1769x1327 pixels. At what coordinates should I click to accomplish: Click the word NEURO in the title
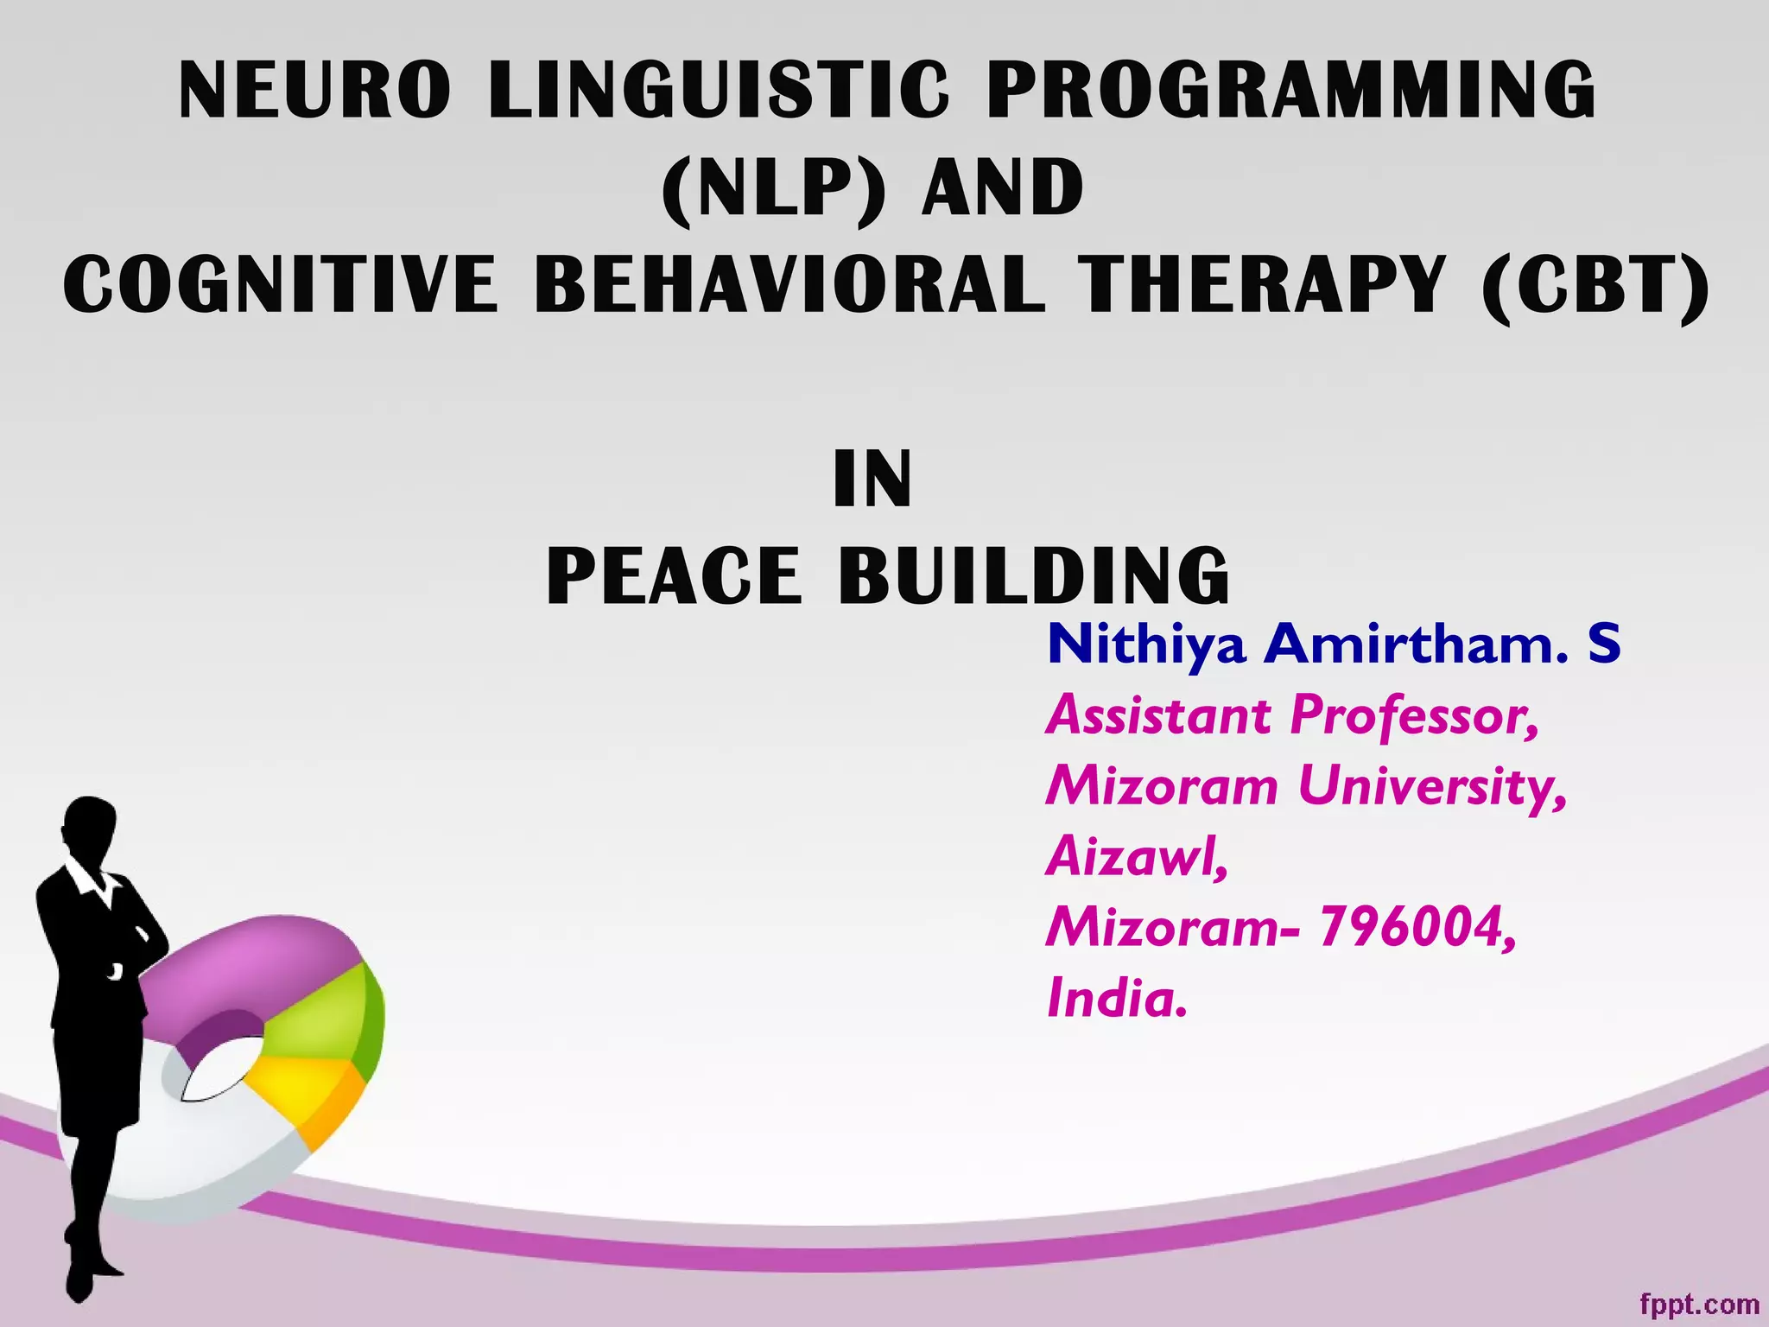(314, 91)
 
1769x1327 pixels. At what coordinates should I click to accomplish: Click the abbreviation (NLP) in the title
(773, 188)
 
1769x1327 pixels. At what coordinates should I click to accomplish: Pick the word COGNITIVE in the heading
(280, 285)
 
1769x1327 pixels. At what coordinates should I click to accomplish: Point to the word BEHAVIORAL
(789, 285)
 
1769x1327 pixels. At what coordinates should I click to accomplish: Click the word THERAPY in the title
(1261, 285)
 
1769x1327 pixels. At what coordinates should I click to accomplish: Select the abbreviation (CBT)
(1595, 285)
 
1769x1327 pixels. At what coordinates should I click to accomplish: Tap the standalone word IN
(872, 480)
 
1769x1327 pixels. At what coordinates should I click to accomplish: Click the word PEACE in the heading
(674, 576)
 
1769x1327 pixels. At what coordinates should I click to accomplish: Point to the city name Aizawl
(1137, 857)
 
